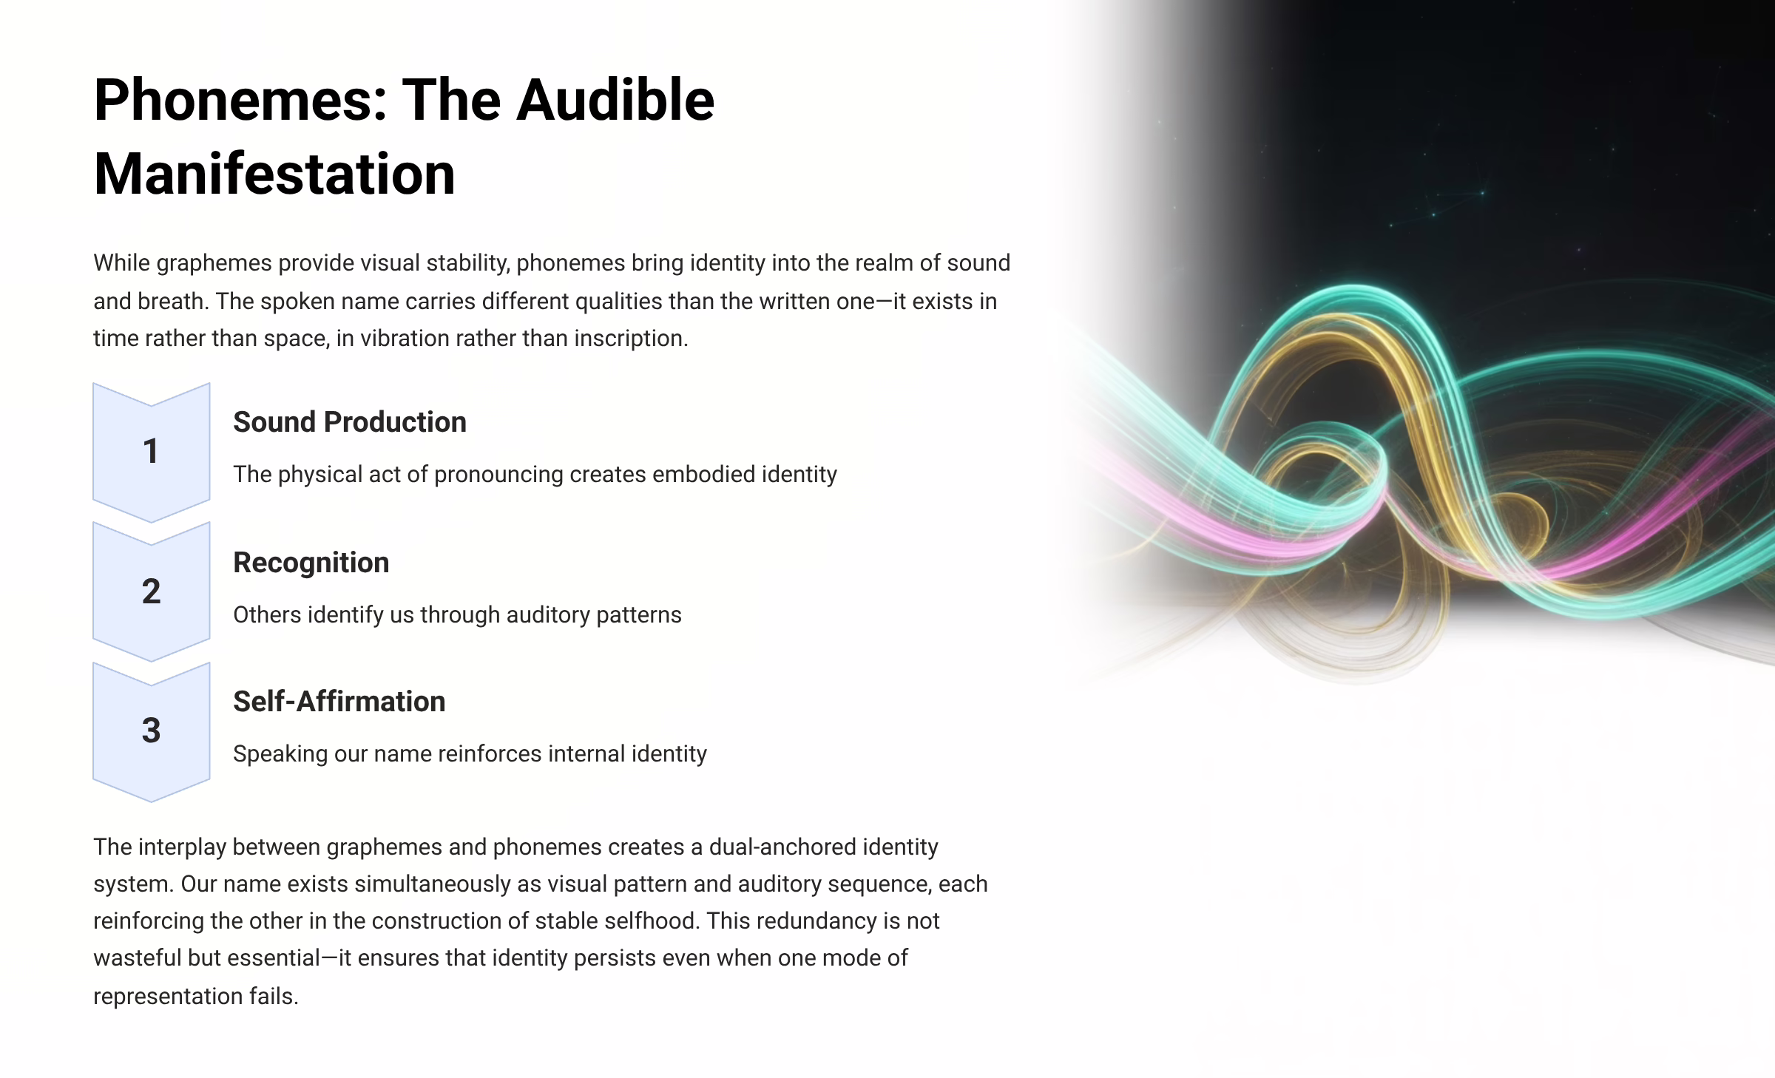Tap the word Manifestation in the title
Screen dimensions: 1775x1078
274,174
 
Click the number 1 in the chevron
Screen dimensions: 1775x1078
151,451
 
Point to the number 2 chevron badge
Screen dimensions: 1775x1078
151,591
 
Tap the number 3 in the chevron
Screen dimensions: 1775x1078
151,730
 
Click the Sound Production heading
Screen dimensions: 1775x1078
350,422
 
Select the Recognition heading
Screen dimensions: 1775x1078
311,563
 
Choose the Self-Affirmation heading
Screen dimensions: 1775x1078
339,702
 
